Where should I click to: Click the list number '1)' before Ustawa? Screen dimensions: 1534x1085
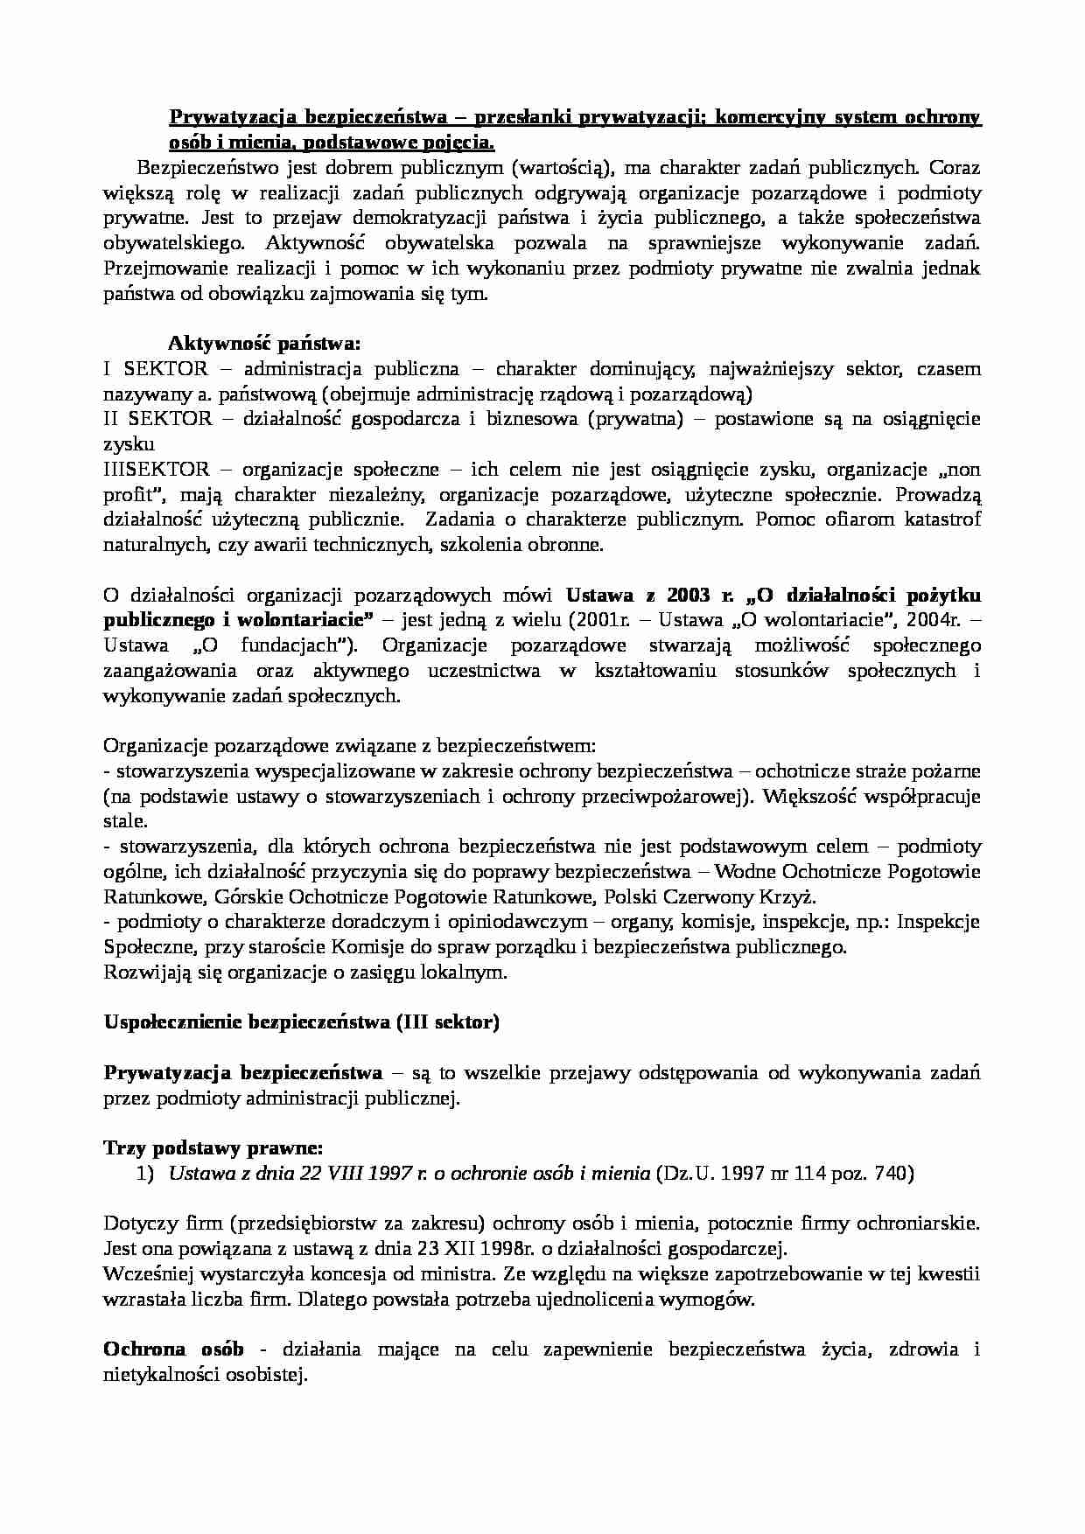point(145,1174)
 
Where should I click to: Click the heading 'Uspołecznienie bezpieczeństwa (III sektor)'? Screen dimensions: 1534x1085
point(301,1022)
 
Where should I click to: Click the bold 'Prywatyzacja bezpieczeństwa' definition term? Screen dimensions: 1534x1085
point(242,1073)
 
